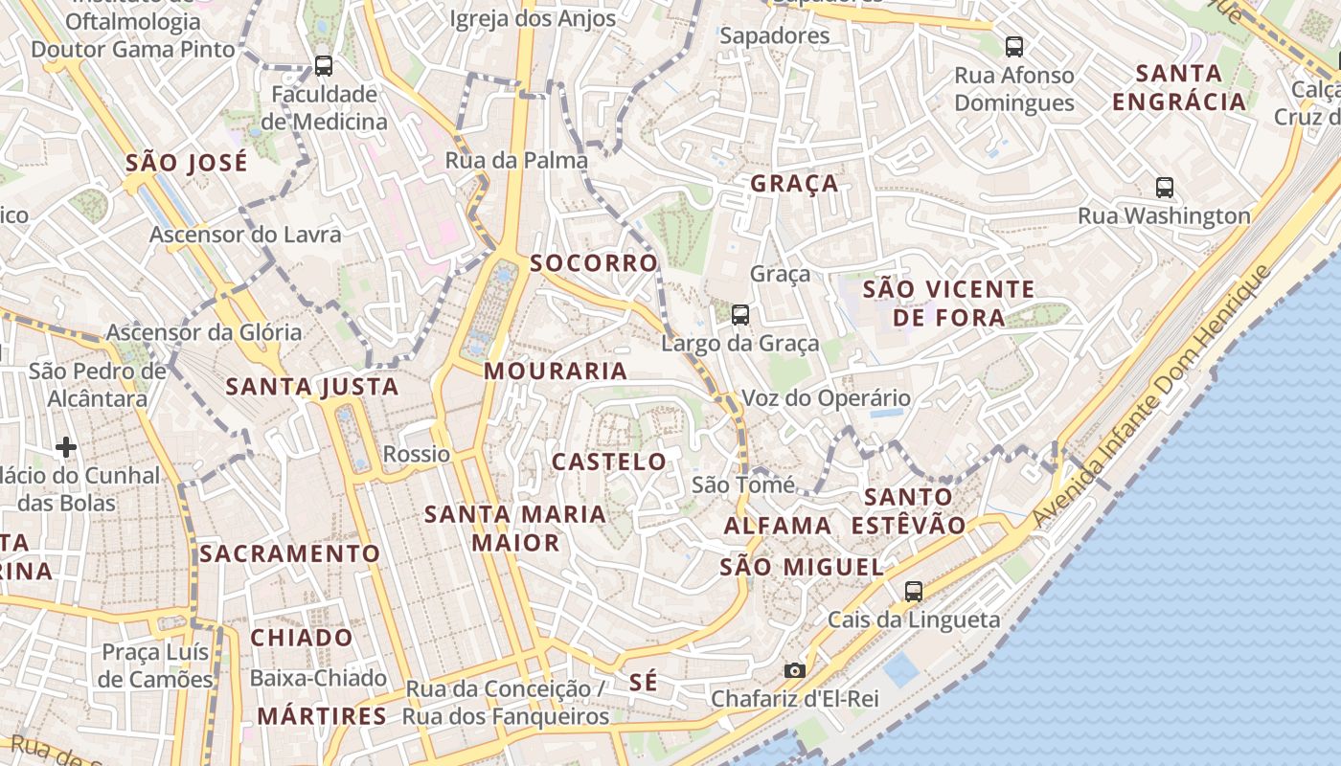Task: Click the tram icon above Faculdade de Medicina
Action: (x=324, y=66)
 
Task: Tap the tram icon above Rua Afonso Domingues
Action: (x=1013, y=46)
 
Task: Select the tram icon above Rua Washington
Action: (x=1165, y=188)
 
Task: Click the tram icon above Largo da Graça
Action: (x=739, y=314)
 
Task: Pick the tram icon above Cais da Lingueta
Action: (x=914, y=592)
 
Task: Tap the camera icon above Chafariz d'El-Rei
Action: (x=794, y=670)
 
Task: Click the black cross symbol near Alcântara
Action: (x=66, y=447)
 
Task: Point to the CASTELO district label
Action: (x=609, y=462)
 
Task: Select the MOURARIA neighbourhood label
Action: (x=556, y=372)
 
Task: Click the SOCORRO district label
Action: (x=594, y=263)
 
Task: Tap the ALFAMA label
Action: (x=778, y=526)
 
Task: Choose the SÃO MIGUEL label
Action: (x=802, y=567)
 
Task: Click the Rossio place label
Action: (x=417, y=454)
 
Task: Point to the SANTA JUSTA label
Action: (x=312, y=387)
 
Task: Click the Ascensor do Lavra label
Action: (x=245, y=235)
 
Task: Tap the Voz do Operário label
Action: (x=827, y=397)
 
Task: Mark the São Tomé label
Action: (x=743, y=484)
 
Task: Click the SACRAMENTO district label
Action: (x=289, y=553)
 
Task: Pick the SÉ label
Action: (x=644, y=682)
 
